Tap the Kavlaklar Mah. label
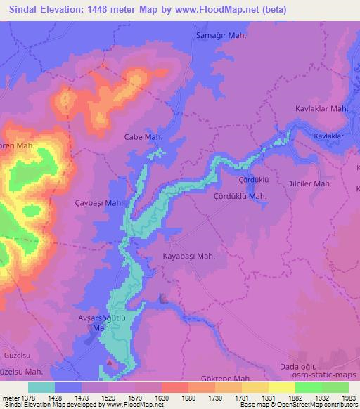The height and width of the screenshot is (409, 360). (x=322, y=109)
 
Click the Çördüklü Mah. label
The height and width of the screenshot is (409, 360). (x=240, y=196)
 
